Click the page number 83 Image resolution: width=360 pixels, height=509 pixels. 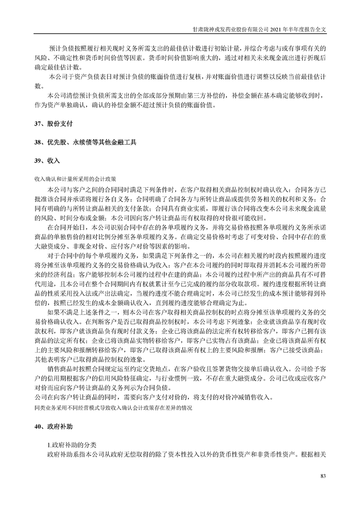pyautogui.click(x=323, y=475)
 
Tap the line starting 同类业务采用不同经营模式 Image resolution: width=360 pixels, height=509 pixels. pyautogui.click(x=113, y=408)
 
